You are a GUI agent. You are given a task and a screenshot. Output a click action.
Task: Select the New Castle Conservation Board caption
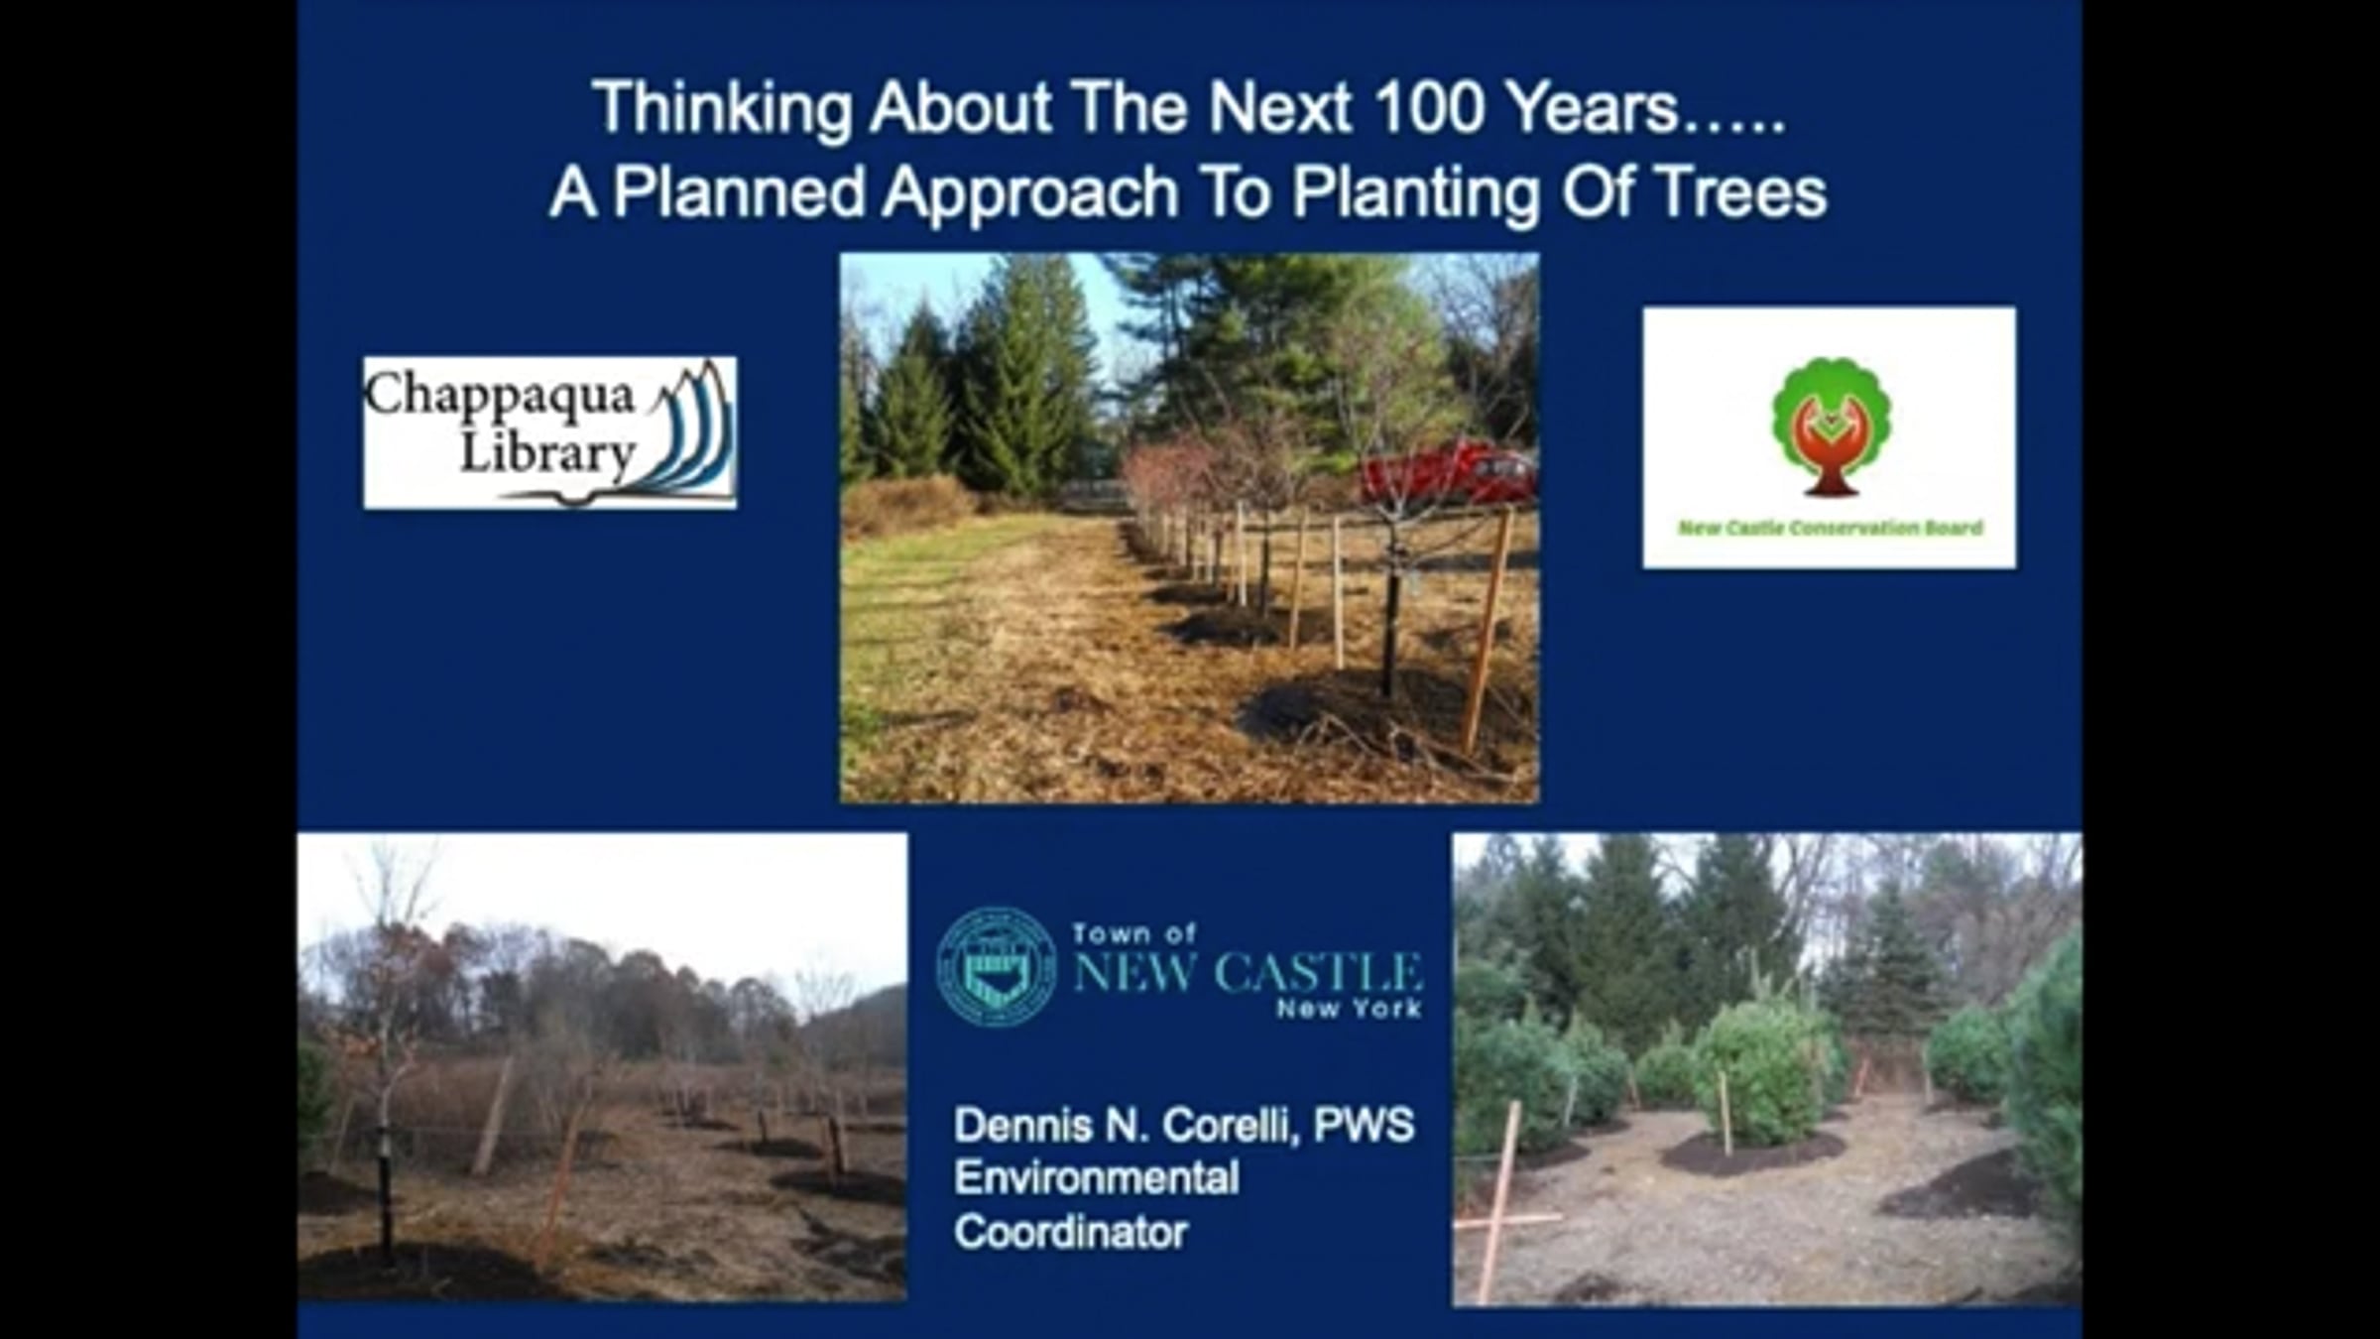(1830, 528)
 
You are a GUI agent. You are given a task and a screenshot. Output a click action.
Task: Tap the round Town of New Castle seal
(996, 966)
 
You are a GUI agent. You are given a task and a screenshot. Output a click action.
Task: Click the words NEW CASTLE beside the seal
(1248, 972)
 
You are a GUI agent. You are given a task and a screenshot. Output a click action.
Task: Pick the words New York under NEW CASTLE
(1350, 1010)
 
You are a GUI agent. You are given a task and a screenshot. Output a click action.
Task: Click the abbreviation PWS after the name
(1365, 1126)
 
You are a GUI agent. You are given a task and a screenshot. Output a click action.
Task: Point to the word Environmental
(1097, 1179)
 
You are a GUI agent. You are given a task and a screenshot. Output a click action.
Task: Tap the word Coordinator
(1071, 1233)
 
